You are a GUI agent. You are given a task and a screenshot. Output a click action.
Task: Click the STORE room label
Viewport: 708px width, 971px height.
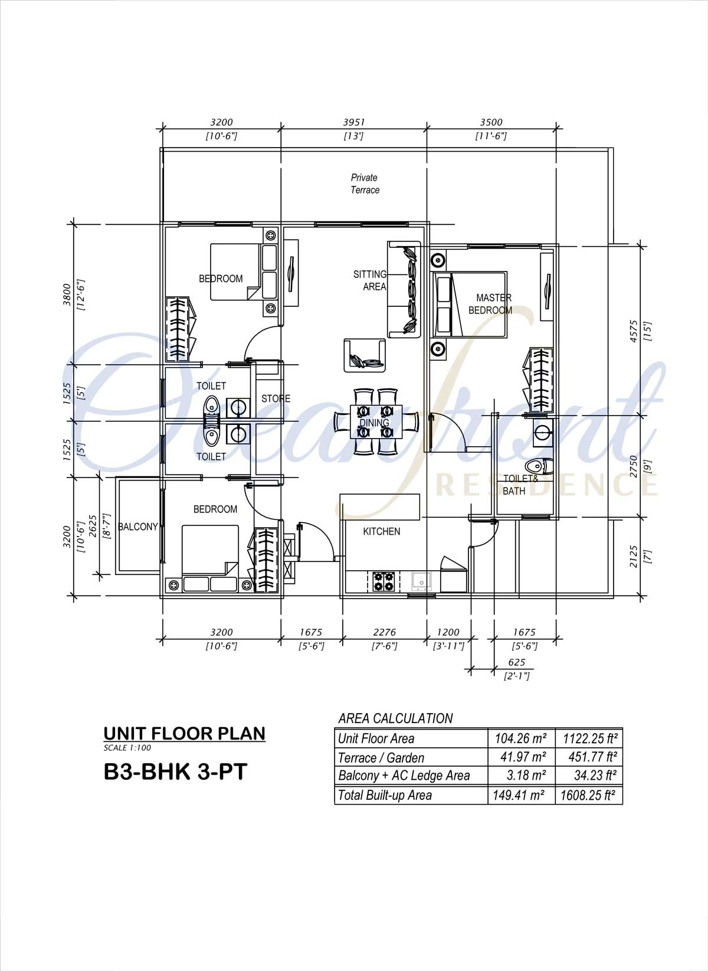[276, 398]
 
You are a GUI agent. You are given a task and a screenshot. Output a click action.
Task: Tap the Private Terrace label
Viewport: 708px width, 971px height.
[365, 184]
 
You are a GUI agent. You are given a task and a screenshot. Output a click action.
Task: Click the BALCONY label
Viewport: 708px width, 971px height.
[138, 527]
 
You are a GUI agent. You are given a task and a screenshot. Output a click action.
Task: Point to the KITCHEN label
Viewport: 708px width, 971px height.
[381, 531]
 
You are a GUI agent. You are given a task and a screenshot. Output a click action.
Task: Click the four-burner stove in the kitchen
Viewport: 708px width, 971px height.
[384, 582]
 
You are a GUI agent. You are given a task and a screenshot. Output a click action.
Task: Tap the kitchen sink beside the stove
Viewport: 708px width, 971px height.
[421, 581]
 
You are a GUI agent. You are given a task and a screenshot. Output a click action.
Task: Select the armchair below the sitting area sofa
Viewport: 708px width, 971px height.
[365, 355]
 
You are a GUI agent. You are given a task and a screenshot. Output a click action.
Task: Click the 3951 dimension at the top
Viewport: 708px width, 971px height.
[354, 122]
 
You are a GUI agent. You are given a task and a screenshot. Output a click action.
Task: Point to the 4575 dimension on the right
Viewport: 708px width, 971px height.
[634, 332]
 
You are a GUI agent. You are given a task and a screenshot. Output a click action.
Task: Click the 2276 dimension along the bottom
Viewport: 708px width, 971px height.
[384, 632]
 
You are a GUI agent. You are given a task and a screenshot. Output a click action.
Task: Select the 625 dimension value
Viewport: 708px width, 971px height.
[517, 662]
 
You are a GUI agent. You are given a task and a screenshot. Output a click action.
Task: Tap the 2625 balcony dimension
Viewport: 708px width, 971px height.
[93, 526]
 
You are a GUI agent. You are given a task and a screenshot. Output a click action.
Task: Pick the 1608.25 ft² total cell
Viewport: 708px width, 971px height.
[589, 796]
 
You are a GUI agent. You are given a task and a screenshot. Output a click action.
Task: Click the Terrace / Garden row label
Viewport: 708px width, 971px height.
[381, 758]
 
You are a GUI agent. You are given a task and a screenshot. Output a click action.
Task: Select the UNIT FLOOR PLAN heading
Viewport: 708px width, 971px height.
[185, 734]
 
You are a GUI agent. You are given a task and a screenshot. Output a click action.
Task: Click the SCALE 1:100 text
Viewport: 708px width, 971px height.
[127, 748]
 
